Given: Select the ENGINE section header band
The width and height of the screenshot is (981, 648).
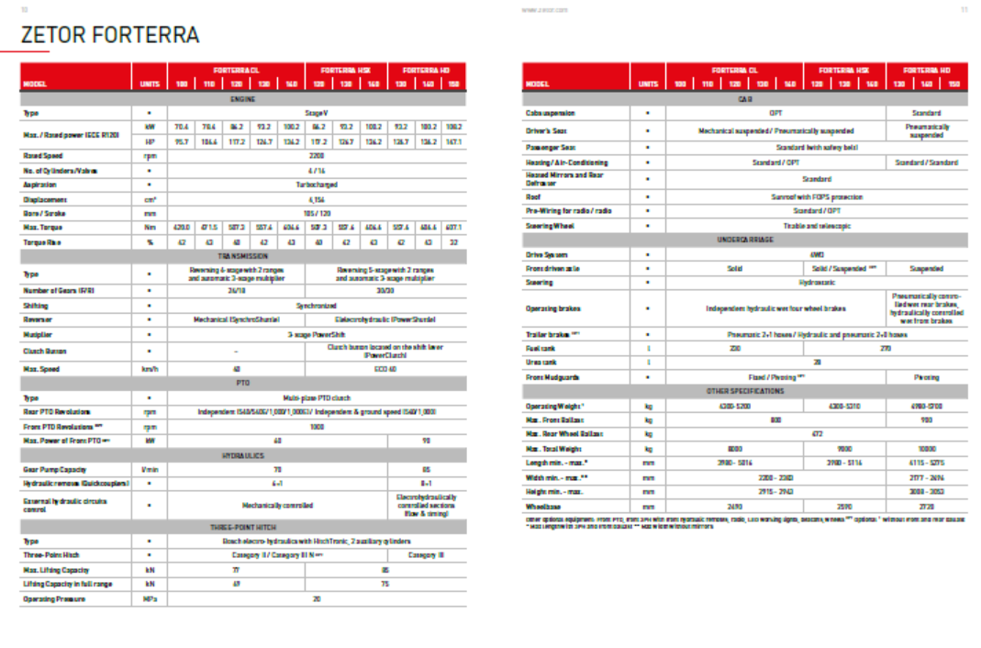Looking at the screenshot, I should click(x=242, y=98).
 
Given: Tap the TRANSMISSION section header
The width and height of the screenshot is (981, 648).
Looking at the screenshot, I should click(x=242, y=256).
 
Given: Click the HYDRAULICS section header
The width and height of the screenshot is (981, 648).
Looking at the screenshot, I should click(x=242, y=455).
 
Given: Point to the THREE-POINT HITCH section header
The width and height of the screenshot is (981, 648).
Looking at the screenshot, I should click(x=242, y=528).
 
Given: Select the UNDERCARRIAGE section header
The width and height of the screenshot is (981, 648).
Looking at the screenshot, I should click(x=744, y=240).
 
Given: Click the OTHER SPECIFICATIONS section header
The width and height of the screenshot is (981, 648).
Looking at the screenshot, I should click(x=744, y=391).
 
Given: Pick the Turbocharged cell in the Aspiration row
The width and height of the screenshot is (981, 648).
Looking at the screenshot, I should click(x=316, y=184).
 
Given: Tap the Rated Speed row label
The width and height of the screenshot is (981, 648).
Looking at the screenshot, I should click(x=43, y=156).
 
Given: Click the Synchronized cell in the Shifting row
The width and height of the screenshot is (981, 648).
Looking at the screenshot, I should click(x=316, y=306).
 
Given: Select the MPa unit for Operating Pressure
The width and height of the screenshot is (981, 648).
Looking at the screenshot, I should click(x=150, y=598).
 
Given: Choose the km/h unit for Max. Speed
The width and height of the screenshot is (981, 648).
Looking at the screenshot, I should click(x=150, y=369).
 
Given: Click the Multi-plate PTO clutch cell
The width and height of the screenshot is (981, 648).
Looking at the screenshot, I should click(x=316, y=398).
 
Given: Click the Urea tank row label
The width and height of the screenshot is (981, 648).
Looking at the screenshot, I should click(x=542, y=363).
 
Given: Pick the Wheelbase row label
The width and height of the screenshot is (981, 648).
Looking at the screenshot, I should click(x=543, y=507).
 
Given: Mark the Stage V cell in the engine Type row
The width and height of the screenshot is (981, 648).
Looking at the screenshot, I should click(x=316, y=113).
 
